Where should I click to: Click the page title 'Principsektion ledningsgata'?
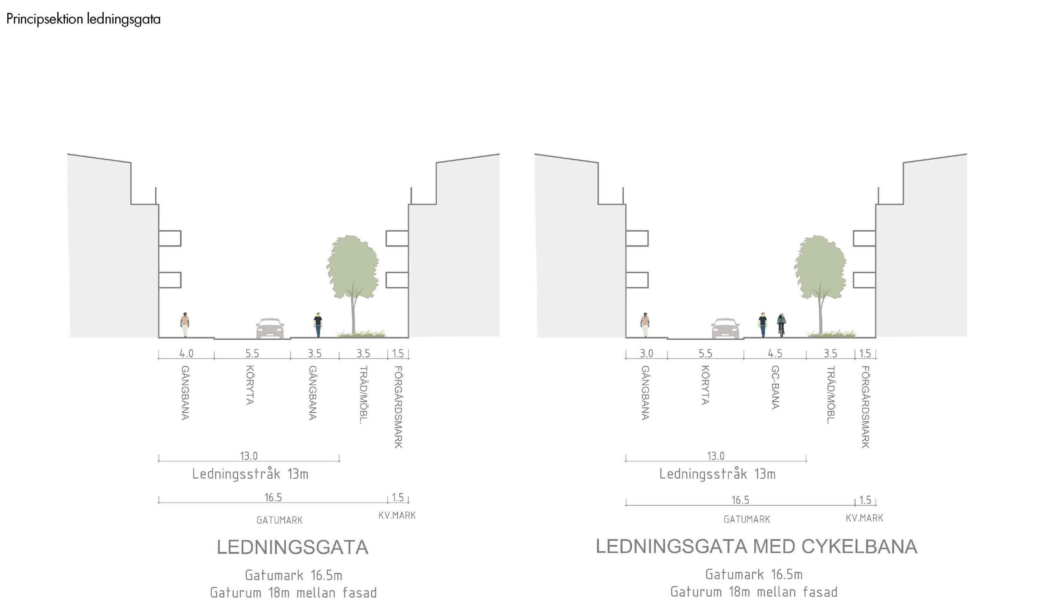pos(83,19)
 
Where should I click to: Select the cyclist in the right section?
pos(781,325)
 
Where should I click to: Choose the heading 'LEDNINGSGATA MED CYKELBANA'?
pos(756,546)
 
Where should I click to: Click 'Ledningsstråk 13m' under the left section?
pos(250,474)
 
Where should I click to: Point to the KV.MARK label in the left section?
pos(397,515)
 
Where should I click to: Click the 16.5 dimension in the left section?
pos(273,498)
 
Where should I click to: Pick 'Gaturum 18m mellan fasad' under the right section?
pos(754,592)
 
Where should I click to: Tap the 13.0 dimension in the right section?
pos(716,456)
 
